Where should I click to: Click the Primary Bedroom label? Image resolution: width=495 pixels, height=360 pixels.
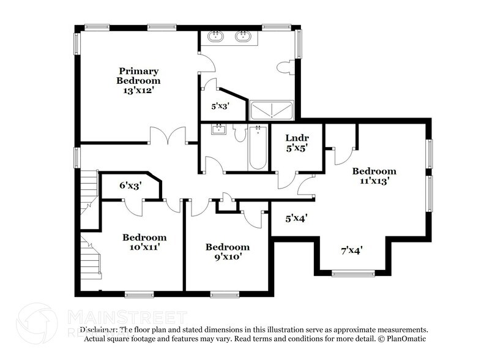tap(139, 76)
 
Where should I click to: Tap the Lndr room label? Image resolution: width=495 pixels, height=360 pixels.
tap(297, 138)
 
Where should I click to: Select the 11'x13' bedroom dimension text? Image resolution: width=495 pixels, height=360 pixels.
tap(374, 181)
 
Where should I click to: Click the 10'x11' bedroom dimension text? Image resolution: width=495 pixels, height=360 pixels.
tap(144, 247)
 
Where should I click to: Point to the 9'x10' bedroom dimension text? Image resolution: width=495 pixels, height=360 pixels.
tap(227, 257)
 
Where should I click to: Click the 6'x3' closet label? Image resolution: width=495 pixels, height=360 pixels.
tap(130, 185)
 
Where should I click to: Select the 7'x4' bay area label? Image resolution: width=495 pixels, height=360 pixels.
tap(352, 250)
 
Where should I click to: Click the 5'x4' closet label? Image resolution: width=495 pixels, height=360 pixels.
tap(296, 217)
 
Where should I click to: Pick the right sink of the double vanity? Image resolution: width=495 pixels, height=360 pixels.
tap(243, 37)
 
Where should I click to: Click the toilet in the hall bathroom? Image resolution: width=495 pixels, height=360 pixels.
tap(239, 133)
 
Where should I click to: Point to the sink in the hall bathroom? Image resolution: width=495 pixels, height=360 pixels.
tap(218, 129)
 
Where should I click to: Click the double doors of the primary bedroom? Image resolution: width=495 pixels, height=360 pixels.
tap(168, 136)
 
